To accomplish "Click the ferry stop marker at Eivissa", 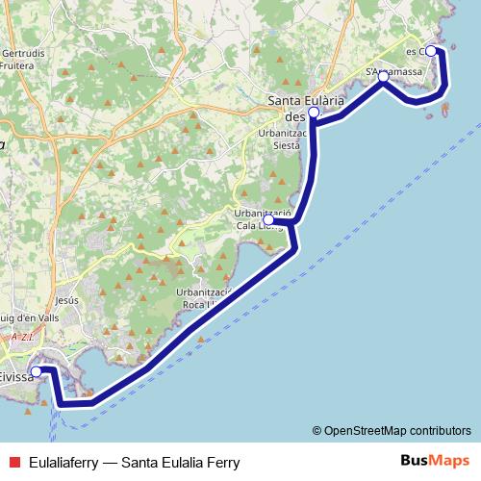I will (37, 371).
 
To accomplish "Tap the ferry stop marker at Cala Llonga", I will (268, 220).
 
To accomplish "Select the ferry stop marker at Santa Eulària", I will (314, 113).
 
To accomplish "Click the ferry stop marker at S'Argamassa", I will (383, 76).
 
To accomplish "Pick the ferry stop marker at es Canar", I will (431, 51).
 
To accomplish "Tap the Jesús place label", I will (66, 300).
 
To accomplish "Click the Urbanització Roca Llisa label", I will (205, 297).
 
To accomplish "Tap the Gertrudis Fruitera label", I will (23, 60).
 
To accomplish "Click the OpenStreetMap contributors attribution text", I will (397, 430).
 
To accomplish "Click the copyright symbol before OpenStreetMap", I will (316, 430).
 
